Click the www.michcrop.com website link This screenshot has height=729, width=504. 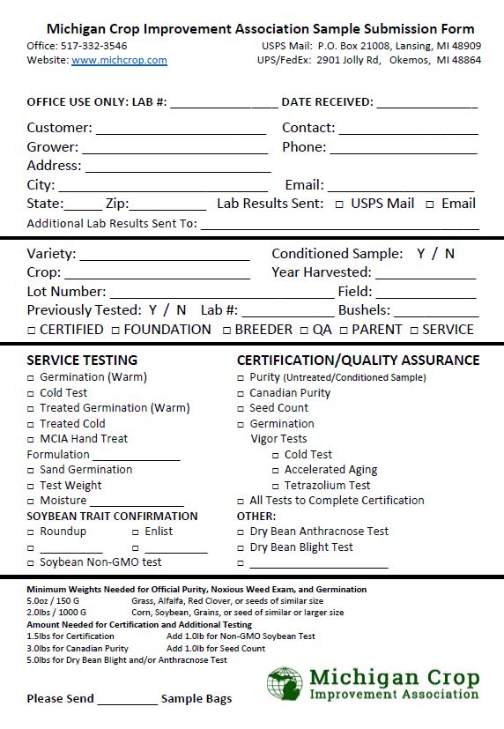tap(119, 60)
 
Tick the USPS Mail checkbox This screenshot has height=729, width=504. tap(339, 205)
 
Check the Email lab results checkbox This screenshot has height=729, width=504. tap(430, 205)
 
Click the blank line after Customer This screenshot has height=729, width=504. tap(181, 130)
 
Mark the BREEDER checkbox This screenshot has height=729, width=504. tap(226, 331)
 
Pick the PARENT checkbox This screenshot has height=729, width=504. tap(344, 331)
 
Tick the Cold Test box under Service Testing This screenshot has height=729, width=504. tap(31, 393)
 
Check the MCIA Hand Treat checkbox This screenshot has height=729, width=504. tap(31, 439)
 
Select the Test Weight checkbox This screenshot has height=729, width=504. tap(31, 486)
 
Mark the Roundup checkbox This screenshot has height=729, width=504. tap(31, 532)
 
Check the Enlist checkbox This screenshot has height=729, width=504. tap(136, 532)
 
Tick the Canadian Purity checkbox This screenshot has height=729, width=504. tap(241, 393)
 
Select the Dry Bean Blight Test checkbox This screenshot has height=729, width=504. tap(241, 547)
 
